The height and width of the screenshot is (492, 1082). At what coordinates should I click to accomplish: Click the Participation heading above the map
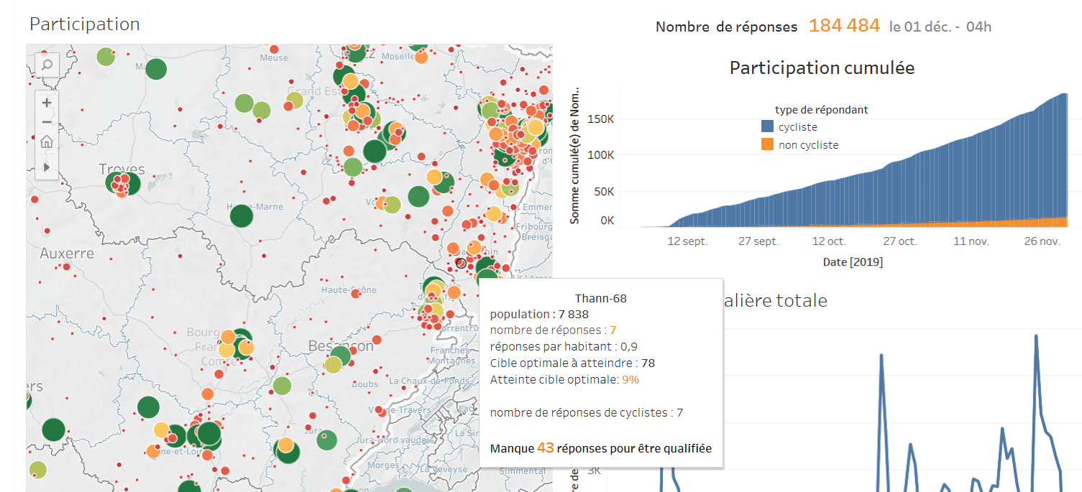click(84, 24)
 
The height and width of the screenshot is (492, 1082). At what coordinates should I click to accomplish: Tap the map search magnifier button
click(47, 65)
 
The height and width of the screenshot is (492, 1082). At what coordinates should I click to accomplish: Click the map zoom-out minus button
click(47, 121)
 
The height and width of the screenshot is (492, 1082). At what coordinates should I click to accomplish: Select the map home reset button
click(47, 141)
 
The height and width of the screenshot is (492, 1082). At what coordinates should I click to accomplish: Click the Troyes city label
click(122, 170)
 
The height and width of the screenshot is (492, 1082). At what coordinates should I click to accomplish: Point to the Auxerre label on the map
click(67, 254)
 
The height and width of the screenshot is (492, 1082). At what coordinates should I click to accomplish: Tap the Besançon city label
click(341, 346)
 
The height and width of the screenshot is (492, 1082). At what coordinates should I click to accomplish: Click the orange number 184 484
click(844, 26)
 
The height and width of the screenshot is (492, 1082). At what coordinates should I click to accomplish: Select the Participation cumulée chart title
click(822, 68)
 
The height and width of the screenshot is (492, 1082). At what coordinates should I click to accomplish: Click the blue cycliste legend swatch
click(767, 127)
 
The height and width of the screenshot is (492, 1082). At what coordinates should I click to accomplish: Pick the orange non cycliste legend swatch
click(767, 144)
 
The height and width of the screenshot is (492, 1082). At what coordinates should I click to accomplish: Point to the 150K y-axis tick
click(602, 118)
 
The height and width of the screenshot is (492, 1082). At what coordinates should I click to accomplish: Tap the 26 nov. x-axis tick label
click(1042, 241)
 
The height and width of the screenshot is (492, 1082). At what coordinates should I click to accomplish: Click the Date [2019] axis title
click(853, 262)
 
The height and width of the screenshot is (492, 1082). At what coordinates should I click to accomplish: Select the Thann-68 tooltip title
click(601, 299)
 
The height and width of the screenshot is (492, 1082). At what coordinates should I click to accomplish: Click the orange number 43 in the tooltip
click(545, 447)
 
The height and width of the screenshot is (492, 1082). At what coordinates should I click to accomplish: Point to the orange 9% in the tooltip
click(631, 379)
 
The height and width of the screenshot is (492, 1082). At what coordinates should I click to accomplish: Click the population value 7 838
click(573, 315)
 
